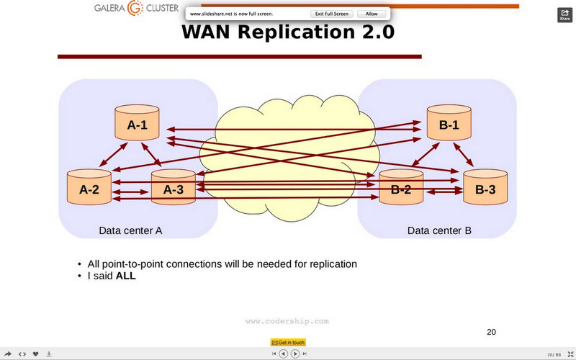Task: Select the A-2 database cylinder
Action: [89, 189]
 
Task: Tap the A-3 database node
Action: [173, 189]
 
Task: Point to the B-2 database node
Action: [401, 189]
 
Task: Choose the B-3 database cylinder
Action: [485, 189]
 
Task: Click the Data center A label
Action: [130, 231]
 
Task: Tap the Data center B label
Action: [439, 231]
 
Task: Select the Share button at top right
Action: [564, 15]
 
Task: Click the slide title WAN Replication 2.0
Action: [288, 32]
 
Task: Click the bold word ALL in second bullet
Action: [125, 275]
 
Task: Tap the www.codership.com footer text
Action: [287, 321]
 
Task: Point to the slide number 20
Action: [492, 332]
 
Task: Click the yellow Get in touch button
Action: [288, 342]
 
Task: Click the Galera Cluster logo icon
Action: [135, 9]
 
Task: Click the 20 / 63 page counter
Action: [554, 354]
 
